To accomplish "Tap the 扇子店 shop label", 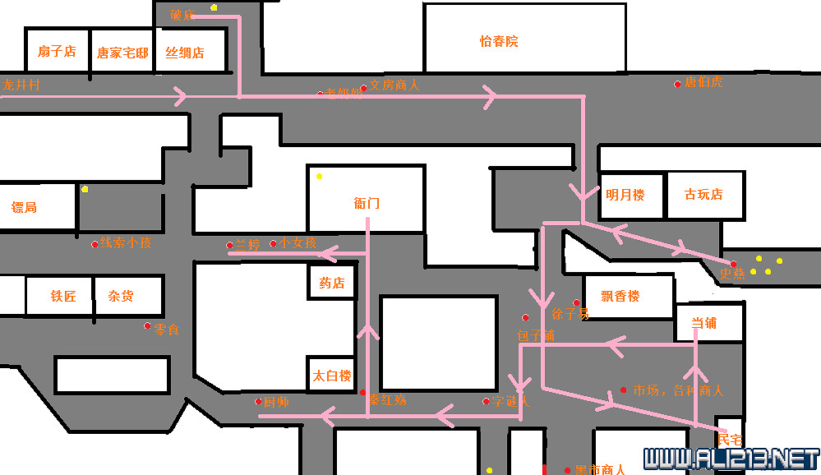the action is coord(57,52).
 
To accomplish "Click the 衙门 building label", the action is coord(367,204).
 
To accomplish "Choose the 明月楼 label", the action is coord(625,196).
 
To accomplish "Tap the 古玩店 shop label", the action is coord(703,195).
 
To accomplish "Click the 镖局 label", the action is coord(25,208).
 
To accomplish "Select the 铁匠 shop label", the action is coord(63,297).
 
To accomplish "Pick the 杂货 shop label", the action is coord(121,297).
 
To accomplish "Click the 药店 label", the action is coord(332,284).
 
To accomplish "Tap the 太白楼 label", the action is coord(332,376).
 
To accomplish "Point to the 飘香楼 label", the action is coord(620,297).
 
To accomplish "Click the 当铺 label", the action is coord(703,324).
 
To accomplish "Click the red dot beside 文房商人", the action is coord(363,88).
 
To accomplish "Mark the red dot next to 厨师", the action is coord(258,401).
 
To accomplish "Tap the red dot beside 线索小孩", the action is coord(95,243).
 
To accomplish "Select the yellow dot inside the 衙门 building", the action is coord(320,177).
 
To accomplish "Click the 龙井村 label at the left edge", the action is coord(21,85).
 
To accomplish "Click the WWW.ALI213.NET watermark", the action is coord(731,456).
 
